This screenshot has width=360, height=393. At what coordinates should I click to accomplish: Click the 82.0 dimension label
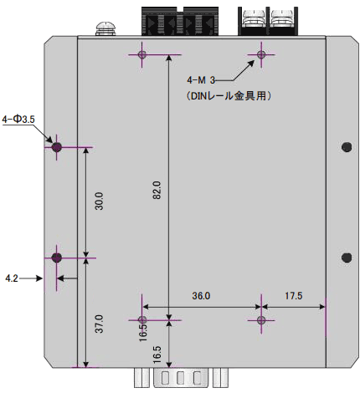click(157, 190)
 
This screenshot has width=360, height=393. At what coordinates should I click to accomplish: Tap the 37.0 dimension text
click(98, 324)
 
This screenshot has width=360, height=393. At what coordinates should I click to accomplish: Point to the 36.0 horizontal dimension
click(201, 296)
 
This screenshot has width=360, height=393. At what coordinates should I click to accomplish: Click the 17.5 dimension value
click(293, 296)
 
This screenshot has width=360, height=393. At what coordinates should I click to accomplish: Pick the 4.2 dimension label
click(12, 277)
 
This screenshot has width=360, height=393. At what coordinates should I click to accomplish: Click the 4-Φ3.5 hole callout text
click(18, 120)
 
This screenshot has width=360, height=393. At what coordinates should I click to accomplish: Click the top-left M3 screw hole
click(142, 55)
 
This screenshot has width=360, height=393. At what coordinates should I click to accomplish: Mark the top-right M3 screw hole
click(261, 55)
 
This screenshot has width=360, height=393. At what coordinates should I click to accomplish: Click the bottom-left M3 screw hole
click(142, 319)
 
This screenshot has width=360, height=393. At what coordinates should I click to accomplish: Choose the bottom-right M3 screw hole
click(261, 319)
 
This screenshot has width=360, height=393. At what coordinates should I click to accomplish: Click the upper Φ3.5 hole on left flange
click(57, 147)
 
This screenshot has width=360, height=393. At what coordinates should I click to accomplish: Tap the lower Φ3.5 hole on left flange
click(57, 257)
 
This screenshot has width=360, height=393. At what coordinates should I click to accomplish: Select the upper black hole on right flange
click(346, 147)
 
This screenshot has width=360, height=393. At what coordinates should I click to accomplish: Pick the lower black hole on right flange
click(346, 257)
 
